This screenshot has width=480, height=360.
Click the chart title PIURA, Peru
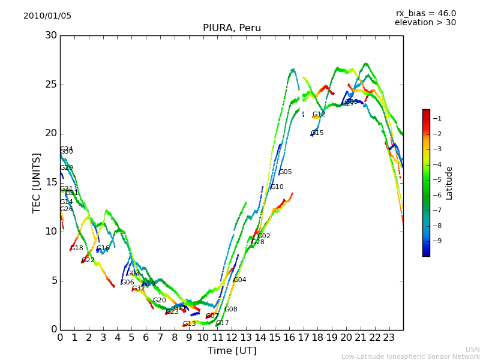[232, 28]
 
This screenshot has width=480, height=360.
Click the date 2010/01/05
[47, 16]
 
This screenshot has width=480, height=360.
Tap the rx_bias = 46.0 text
[425, 14]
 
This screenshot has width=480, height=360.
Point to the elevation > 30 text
[425, 23]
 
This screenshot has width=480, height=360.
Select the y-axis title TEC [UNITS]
[37, 182]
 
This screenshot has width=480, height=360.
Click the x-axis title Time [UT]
[232, 351]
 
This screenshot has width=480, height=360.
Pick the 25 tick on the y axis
[51, 85]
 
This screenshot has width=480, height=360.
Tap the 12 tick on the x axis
[232, 338]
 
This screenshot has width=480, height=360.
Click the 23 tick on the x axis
[389, 338]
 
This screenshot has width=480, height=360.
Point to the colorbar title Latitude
[449, 183]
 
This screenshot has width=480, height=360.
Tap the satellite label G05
[285, 172]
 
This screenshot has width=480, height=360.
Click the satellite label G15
[317, 133]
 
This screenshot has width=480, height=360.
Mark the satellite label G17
[222, 323]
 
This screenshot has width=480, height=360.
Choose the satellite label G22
[88, 260]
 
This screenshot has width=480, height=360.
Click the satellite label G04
[239, 280]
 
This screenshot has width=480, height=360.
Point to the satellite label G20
[159, 301]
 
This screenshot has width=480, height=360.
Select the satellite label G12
[319, 115]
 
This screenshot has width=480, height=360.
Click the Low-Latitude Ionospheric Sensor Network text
[410, 356]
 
